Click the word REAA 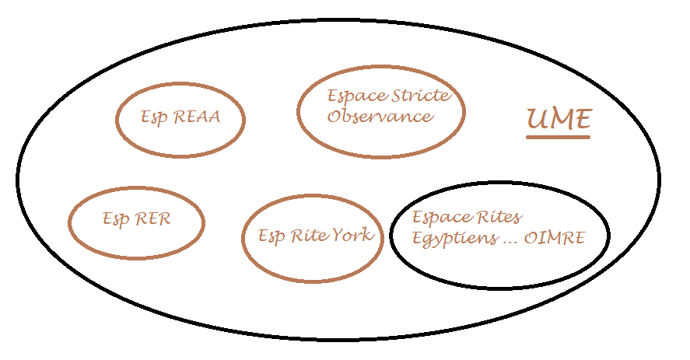coord(197,117)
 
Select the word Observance coord(380,117)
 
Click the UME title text coord(559,119)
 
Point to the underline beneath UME coord(558,137)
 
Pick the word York coord(356,235)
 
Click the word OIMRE coord(555,238)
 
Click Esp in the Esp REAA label coord(156,117)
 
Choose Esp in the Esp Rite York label coord(271,236)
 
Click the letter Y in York coord(342,235)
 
